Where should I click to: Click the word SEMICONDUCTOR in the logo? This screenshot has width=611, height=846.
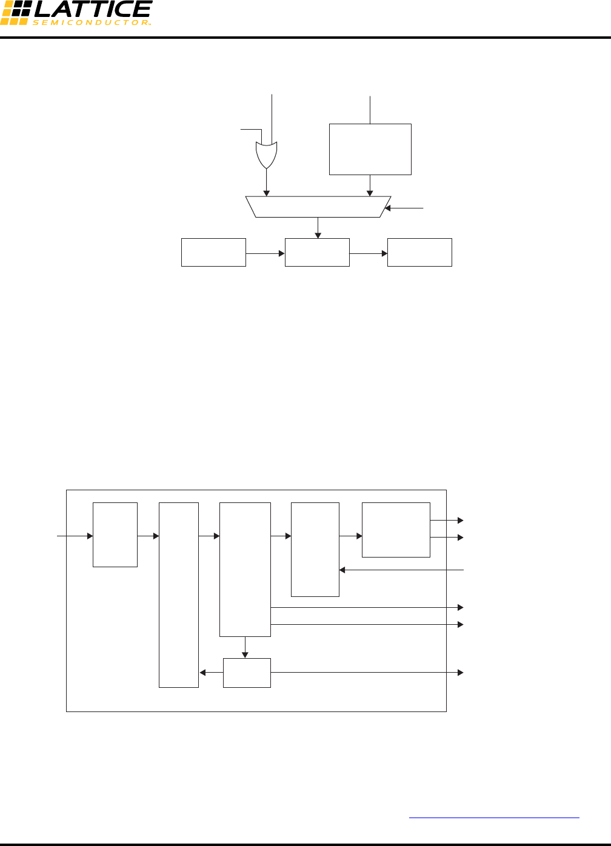coord(91,22)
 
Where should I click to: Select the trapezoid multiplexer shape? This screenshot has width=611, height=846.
coord(318,207)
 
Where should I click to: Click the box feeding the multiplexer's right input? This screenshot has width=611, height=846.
coord(370,149)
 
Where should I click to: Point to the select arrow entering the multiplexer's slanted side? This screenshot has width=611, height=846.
coord(405,208)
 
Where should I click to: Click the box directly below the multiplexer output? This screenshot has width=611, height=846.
coord(317,252)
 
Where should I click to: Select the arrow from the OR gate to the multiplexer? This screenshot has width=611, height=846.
coord(267,182)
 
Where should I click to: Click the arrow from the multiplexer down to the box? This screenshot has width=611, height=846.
coord(318,228)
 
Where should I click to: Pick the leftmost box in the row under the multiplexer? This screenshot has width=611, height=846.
coord(213,252)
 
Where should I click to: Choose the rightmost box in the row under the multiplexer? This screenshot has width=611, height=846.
coord(419,252)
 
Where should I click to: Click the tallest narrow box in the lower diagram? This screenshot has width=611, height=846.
coord(178,595)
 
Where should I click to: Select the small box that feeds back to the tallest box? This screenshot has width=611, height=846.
coord(247,673)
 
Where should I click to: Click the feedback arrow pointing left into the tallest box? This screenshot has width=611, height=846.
coord(211,673)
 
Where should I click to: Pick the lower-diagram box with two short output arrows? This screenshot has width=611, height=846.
coord(396,530)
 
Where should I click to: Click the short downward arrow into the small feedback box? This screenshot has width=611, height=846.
coord(245,647)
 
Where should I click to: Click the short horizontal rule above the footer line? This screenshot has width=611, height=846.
coord(494,818)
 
